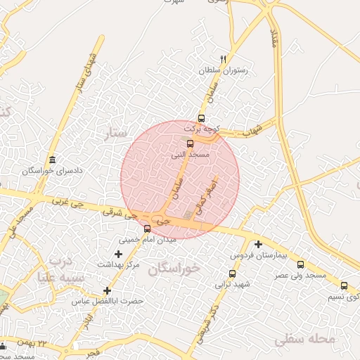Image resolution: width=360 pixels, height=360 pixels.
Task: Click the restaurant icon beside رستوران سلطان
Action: (224, 59)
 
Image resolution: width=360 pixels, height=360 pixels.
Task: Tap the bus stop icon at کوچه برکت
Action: (202, 118)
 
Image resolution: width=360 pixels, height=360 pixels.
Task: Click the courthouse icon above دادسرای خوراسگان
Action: (52, 160)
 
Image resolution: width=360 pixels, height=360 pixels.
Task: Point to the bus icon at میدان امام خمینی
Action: (147, 229)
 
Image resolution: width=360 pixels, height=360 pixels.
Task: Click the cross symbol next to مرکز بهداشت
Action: (118, 253)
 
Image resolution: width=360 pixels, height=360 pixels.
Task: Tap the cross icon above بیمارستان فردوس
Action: (259, 245)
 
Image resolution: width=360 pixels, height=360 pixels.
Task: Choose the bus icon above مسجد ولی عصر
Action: (300, 264)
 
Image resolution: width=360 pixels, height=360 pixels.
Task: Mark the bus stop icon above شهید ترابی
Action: (232, 274)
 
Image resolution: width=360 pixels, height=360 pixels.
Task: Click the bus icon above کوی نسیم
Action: (344, 285)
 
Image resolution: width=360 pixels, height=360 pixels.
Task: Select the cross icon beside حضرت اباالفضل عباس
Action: (107, 290)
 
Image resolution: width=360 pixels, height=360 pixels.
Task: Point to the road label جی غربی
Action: (67, 205)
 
